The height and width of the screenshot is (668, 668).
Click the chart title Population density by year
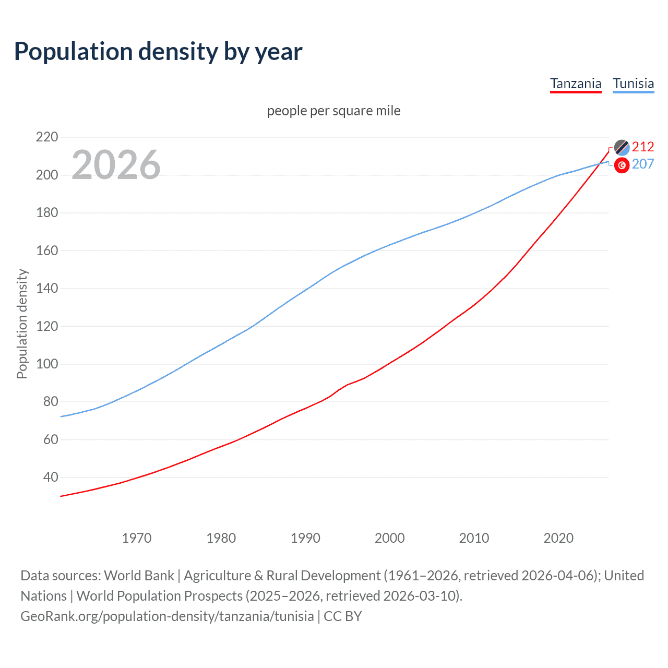pyautogui.click(x=158, y=52)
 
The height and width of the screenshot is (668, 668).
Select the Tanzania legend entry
pyautogui.click(x=576, y=83)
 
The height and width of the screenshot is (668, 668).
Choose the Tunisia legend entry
pyautogui.click(x=633, y=83)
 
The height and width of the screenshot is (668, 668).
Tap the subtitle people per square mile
pyautogui.click(x=333, y=111)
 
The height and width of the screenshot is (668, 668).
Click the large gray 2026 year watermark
pyautogui.click(x=116, y=165)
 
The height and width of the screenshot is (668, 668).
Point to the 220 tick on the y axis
pyautogui.click(x=46, y=137)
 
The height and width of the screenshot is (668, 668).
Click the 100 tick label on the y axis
pyautogui.click(x=46, y=364)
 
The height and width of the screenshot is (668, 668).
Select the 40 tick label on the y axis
pyautogui.click(x=50, y=477)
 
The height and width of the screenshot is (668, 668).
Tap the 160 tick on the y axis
pyautogui.click(x=46, y=250)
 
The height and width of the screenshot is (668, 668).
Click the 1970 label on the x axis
pyautogui.click(x=137, y=538)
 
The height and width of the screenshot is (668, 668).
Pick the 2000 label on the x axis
pyautogui.click(x=390, y=538)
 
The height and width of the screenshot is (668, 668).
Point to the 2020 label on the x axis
pyautogui.click(x=558, y=538)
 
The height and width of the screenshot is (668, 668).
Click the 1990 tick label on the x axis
pyautogui.click(x=305, y=538)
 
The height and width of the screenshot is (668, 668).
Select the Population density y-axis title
pyautogui.click(x=22, y=324)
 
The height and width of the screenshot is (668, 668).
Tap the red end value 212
pyautogui.click(x=643, y=147)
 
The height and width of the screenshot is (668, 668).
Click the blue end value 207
pyautogui.click(x=643, y=164)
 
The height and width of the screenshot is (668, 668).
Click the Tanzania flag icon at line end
pyautogui.click(x=622, y=147)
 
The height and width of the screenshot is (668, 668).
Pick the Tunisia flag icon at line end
pyautogui.click(x=622, y=165)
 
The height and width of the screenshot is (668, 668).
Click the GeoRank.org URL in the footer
pyautogui.click(x=167, y=616)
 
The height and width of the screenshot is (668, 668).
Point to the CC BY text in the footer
pyautogui.click(x=343, y=616)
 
